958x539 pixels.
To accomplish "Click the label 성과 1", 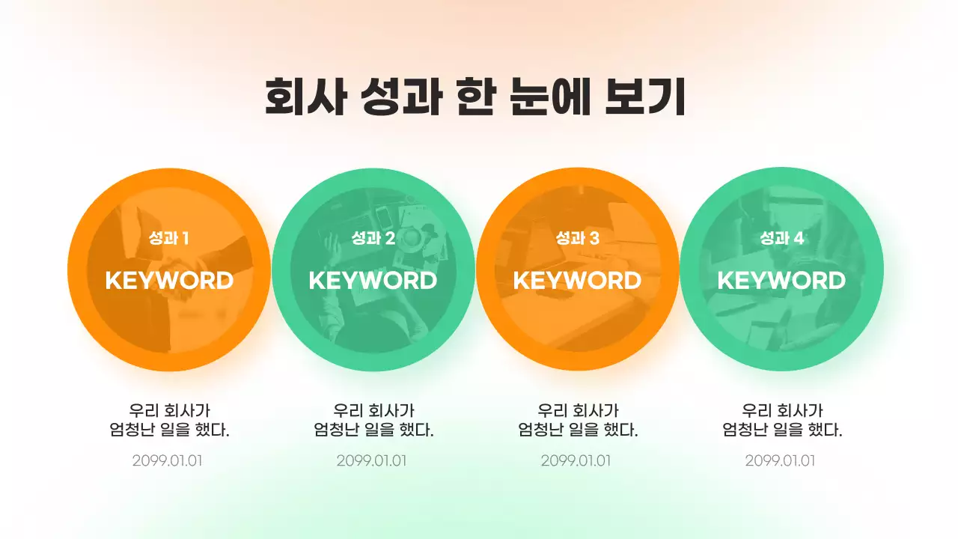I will point(168,239).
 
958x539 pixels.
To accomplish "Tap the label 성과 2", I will point(373,239).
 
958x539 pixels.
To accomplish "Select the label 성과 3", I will point(577,239).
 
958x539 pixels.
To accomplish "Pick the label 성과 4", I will point(781,239).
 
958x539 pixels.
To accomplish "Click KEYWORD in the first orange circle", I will point(169,281).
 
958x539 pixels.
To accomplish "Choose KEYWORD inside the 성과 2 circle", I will point(373,281).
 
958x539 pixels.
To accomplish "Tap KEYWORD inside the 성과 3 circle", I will point(577,281).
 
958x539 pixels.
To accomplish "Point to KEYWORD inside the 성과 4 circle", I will point(781,281).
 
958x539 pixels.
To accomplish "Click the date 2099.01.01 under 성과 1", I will point(168,460).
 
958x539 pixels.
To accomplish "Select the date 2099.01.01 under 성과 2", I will point(372,460).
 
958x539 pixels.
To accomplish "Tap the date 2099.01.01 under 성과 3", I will point(576,460).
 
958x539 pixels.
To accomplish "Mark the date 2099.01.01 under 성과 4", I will point(781,460).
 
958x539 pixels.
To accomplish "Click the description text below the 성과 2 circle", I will point(373,421).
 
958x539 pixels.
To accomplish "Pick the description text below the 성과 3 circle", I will point(578,421).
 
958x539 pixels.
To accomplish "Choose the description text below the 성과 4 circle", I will point(782,421).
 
